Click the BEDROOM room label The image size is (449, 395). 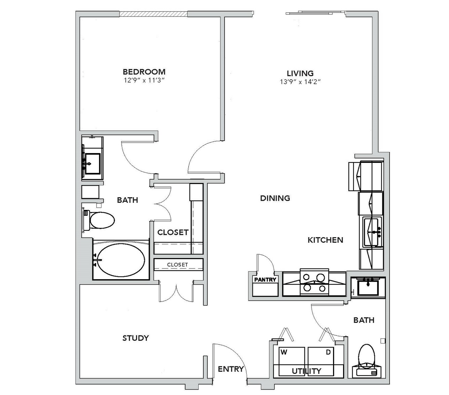144,72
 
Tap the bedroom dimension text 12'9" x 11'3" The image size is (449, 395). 144,80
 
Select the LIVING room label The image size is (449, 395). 300,73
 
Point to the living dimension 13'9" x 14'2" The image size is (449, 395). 300,82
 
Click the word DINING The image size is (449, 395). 275,198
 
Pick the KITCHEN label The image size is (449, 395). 325,240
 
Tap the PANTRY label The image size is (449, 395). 265,280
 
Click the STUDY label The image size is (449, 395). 136,338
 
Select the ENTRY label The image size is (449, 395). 231,369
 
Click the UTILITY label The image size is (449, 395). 307,371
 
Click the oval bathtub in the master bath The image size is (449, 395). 121,260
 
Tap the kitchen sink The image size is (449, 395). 372,232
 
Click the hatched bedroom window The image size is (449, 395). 153,14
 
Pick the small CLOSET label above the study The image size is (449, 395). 177,265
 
